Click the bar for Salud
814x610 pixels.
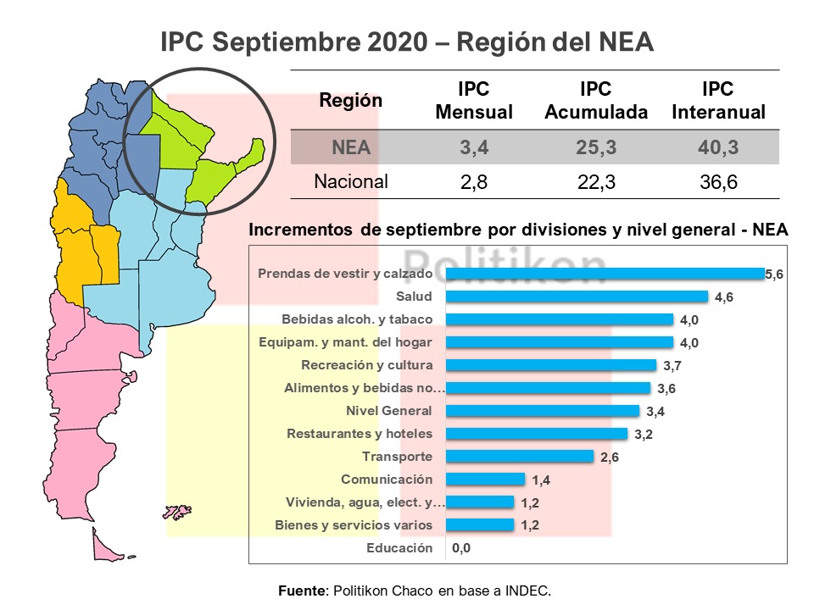[577, 297]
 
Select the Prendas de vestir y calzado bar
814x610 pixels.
[605, 274]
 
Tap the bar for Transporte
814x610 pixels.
[519, 457]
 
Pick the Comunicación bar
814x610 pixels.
[485, 480]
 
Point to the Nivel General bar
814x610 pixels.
[542, 411]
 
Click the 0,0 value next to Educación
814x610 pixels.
[461, 548]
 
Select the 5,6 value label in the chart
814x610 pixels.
[775, 274]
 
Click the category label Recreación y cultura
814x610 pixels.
[367, 365]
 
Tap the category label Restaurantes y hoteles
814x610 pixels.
[360, 434]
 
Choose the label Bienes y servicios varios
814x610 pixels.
[354, 525]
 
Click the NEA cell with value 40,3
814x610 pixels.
[717, 148]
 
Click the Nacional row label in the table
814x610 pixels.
[351, 181]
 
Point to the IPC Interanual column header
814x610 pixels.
[717, 101]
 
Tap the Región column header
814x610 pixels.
[350, 100]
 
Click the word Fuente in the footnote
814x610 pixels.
[302, 590]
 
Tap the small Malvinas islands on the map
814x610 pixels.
[177, 512]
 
